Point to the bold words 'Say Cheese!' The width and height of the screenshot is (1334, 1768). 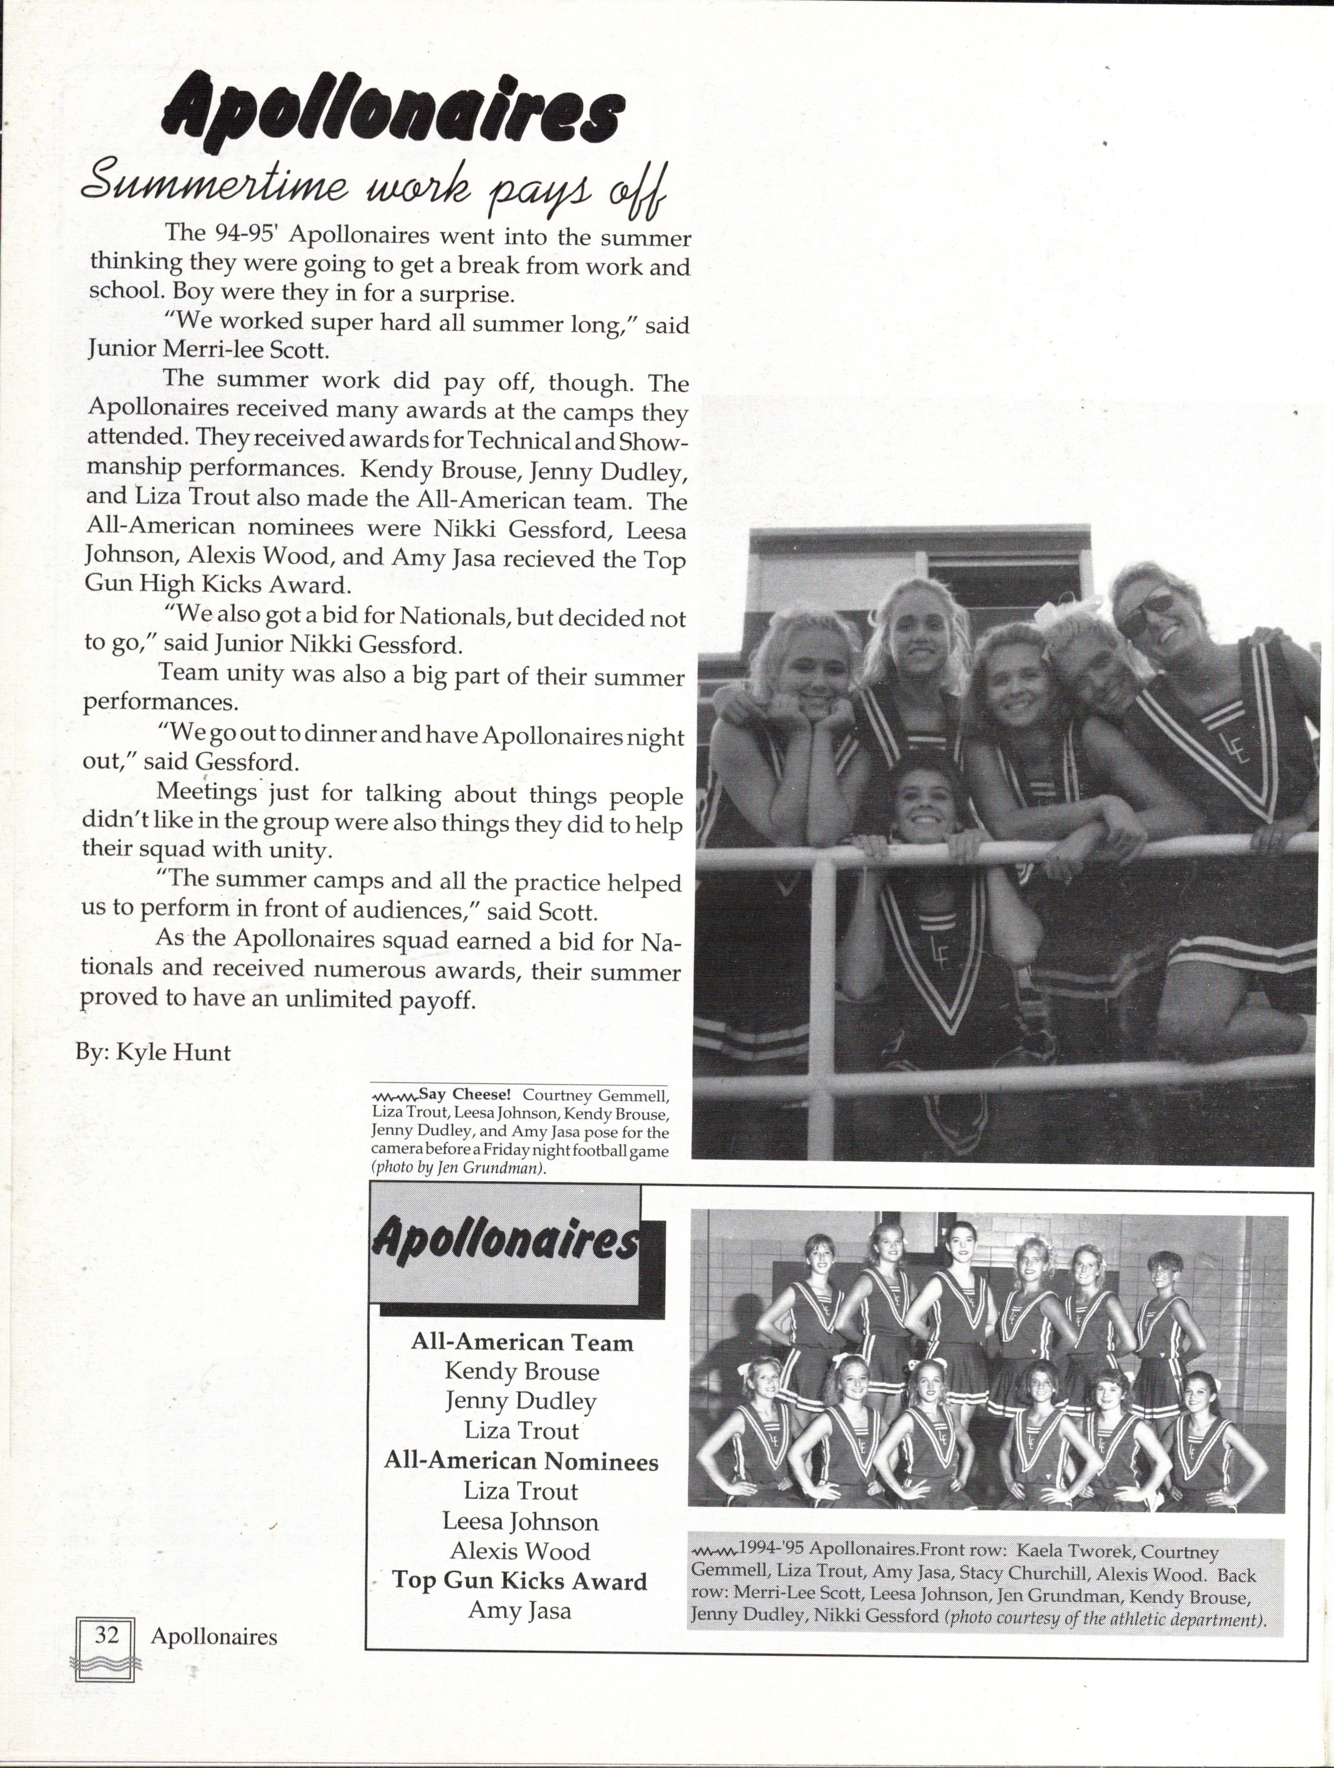464,1094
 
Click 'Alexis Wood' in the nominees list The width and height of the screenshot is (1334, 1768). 519,1551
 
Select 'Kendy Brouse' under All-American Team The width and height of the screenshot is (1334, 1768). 521,1372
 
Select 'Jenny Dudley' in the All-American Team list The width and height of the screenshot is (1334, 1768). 521,1401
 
